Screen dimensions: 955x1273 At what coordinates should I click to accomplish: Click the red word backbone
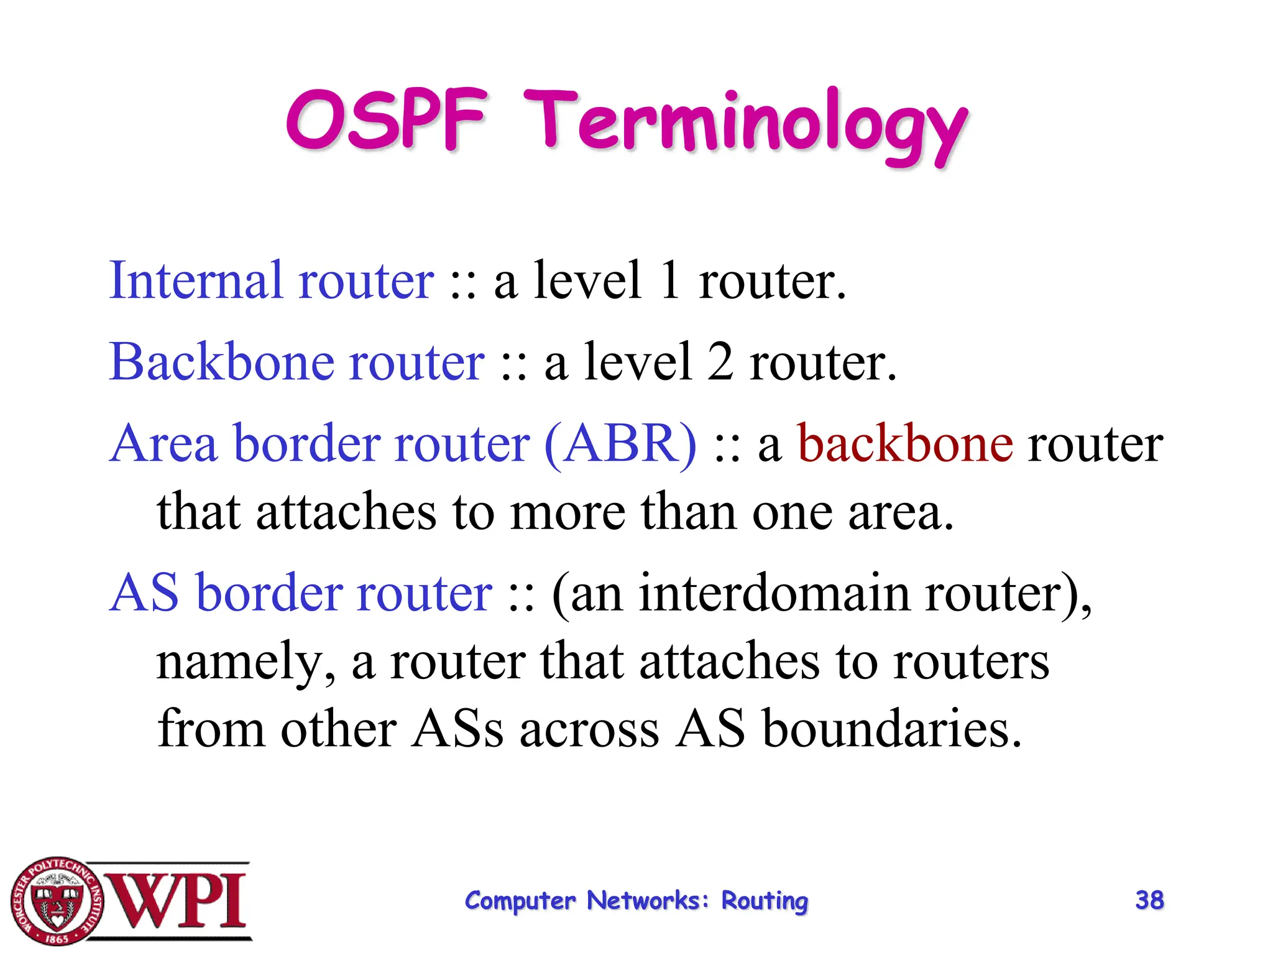tap(905, 444)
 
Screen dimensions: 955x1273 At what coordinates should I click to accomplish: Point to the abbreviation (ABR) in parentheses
tap(620, 444)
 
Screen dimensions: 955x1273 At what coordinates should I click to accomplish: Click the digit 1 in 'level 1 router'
tap(670, 281)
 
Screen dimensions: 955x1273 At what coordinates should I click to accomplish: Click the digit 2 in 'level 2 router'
tap(720, 362)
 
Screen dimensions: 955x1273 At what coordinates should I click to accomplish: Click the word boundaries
tap(891, 729)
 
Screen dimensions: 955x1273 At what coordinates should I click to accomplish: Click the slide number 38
tap(1149, 900)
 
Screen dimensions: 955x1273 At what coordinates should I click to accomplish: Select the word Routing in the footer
tap(765, 902)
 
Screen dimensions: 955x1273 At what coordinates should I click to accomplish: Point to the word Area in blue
tap(163, 444)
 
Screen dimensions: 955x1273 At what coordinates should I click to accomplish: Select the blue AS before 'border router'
tap(144, 593)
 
